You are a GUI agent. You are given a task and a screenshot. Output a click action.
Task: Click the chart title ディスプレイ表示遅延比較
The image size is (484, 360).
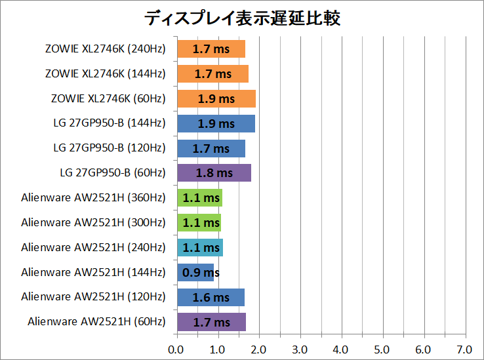pos(242,18)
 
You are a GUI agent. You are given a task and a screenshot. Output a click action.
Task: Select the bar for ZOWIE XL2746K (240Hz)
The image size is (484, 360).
pos(211,49)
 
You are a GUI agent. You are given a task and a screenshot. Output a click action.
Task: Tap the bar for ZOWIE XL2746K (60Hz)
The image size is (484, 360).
pos(216,98)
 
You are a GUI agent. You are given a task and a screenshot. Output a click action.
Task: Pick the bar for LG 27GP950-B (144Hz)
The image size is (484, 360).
pos(216,123)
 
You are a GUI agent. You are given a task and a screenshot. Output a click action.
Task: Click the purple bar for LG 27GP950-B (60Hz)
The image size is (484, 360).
pos(214,173)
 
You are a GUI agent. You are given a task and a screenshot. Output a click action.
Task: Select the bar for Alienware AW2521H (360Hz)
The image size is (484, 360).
pos(199,197)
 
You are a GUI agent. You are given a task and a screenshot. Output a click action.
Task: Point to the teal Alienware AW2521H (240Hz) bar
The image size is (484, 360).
pos(199,247)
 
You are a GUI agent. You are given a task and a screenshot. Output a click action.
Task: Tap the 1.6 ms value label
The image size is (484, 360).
pos(211,297)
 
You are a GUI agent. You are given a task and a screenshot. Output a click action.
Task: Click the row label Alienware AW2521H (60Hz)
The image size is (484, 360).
pos(96,321)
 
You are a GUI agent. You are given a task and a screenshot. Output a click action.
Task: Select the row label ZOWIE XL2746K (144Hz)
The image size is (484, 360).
pos(105,73)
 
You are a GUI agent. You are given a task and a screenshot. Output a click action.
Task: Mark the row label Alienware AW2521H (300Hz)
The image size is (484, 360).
pos(93,222)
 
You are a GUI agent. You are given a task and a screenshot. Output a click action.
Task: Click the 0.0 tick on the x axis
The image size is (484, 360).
pos(176,348)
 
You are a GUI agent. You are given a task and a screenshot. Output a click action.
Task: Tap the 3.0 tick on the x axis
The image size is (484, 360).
pos(300,348)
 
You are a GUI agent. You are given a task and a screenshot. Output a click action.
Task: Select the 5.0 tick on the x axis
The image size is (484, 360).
pos(382,348)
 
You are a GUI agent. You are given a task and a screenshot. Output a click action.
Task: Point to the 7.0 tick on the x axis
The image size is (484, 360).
pos(464,348)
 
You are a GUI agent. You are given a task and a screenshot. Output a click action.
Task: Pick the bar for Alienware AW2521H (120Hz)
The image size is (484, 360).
pos(211,297)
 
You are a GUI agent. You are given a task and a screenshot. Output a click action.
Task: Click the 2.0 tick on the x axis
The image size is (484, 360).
pos(259,348)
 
